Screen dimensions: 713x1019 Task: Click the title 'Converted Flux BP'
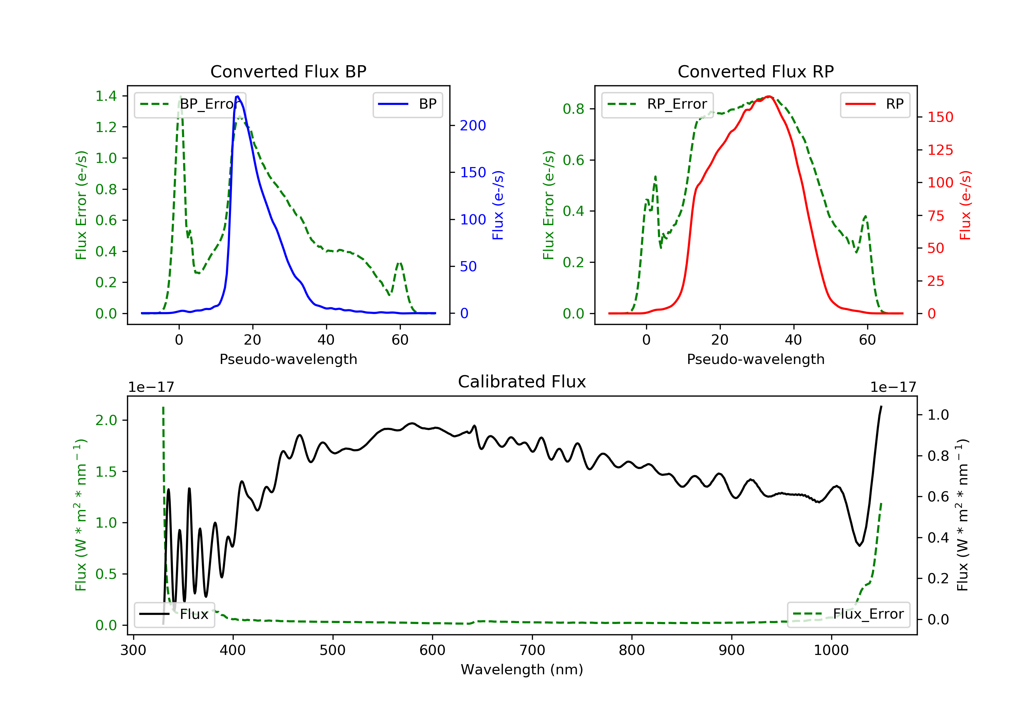pos(288,71)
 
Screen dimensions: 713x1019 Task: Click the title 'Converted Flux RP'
pos(755,71)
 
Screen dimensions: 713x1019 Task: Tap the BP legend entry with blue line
pos(407,104)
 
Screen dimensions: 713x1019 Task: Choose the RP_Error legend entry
pos(657,104)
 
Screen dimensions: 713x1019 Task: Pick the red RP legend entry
pos(875,104)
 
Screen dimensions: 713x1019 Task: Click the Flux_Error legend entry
pos(848,614)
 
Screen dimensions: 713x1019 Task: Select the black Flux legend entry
pos(175,614)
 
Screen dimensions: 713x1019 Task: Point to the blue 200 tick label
pos(473,126)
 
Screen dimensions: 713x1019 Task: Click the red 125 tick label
pos(940,150)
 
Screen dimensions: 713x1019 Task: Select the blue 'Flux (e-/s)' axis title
pos(498,205)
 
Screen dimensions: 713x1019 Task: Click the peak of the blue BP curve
pos(238,96)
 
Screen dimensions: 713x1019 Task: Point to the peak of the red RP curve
pos(769,96)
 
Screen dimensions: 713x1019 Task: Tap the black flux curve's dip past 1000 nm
pos(859,545)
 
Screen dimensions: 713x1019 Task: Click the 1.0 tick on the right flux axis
pos(938,415)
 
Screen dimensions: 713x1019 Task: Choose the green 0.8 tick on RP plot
pos(573,109)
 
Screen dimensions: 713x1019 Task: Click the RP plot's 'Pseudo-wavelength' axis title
pos(755,359)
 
